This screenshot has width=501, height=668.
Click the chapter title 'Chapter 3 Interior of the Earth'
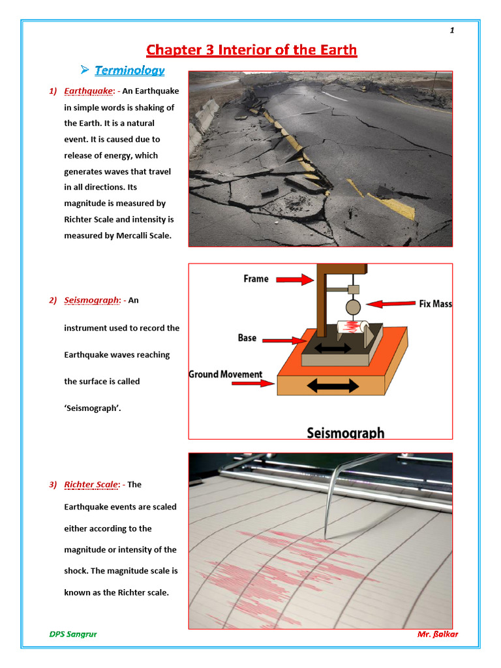click(x=251, y=50)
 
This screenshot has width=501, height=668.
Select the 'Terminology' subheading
click(x=129, y=70)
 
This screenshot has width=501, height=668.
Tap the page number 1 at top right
click(x=451, y=31)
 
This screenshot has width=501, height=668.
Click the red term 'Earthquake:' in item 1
click(x=89, y=91)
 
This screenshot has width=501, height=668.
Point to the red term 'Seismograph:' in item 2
click(x=92, y=300)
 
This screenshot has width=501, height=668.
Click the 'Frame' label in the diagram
click(x=256, y=279)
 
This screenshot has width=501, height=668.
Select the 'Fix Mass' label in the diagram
click(x=436, y=304)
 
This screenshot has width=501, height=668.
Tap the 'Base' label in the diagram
click(x=247, y=338)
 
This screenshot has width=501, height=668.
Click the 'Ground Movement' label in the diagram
click(x=226, y=374)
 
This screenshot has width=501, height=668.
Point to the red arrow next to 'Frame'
click(x=294, y=279)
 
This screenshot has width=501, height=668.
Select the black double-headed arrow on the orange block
click(x=333, y=386)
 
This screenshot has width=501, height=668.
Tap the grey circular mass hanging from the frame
click(x=353, y=307)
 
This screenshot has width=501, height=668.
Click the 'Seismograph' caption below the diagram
click(x=345, y=433)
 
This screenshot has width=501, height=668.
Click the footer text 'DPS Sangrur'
click(x=73, y=634)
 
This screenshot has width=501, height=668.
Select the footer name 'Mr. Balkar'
click(x=437, y=634)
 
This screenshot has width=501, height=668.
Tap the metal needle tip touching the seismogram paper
click(x=326, y=538)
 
